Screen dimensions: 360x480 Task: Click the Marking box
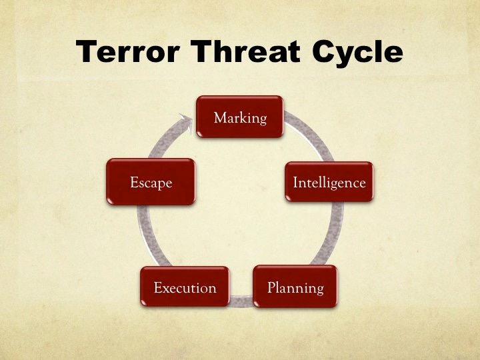240,117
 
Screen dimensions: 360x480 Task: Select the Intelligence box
329,182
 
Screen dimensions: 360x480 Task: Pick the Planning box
295,287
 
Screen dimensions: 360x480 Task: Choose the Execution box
185,287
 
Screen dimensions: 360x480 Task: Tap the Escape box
151,182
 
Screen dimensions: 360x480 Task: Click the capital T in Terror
88,52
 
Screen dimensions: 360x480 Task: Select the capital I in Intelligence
296,182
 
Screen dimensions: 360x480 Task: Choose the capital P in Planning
271,288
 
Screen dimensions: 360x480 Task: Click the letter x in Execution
164,289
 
